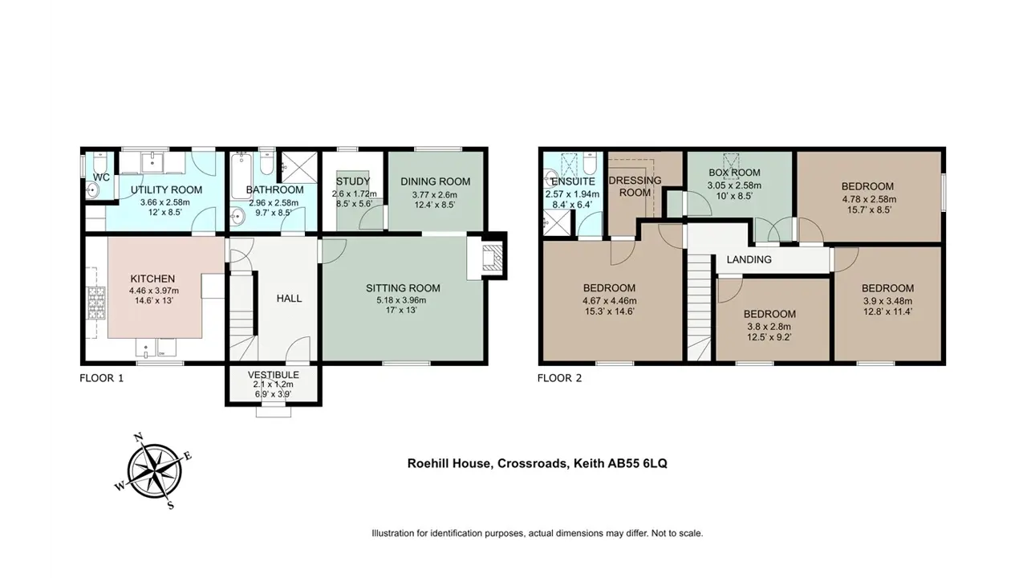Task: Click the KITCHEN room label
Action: click(x=152, y=279)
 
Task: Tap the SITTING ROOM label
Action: click(x=403, y=288)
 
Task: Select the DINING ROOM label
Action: click(x=435, y=181)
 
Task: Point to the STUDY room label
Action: click(x=353, y=181)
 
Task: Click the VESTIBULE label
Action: click(x=274, y=375)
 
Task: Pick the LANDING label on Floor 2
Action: click(x=749, y=259)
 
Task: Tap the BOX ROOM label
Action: click(x=734, y=173)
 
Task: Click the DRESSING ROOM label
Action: click(x=635, y=187)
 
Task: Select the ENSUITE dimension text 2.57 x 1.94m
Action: click(x=572, y=194)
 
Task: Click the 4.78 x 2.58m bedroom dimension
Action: click(x=869, y=200)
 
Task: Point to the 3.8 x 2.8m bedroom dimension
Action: click(x=769, y=327)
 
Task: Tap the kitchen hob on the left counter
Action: click(x=96, y=303)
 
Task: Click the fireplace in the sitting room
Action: click(x=493, y=257)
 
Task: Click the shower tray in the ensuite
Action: click(x=557, y=223)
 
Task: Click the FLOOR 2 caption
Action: click(x=559, y=378)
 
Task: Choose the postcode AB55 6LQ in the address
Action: click(x=637, y=464)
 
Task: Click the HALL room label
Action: click(x=290, y=299)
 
